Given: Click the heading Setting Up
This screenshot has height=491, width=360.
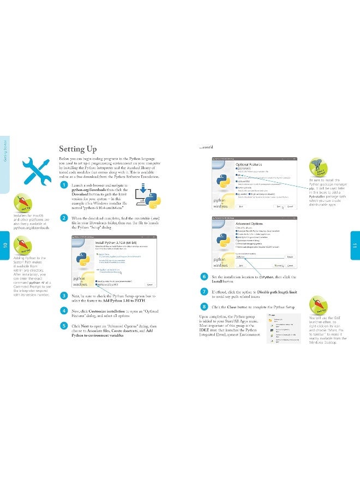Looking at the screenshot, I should [x=77, y=149].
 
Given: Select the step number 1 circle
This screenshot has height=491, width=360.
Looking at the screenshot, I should [x=64, y=185].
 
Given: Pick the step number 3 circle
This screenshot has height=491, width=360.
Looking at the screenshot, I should [x=64, y=295].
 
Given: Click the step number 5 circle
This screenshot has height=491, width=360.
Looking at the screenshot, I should [x=64, y=326].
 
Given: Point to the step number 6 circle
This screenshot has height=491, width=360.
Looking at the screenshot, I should [x=203, y=277].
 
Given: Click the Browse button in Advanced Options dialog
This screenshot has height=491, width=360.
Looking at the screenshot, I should [x=290, y=256].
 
